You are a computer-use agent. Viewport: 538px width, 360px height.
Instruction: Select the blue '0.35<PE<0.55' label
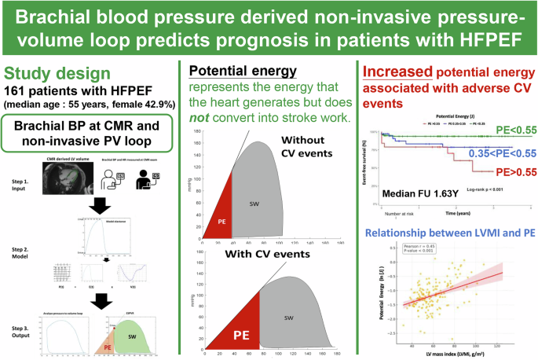(x=492, y=152)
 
